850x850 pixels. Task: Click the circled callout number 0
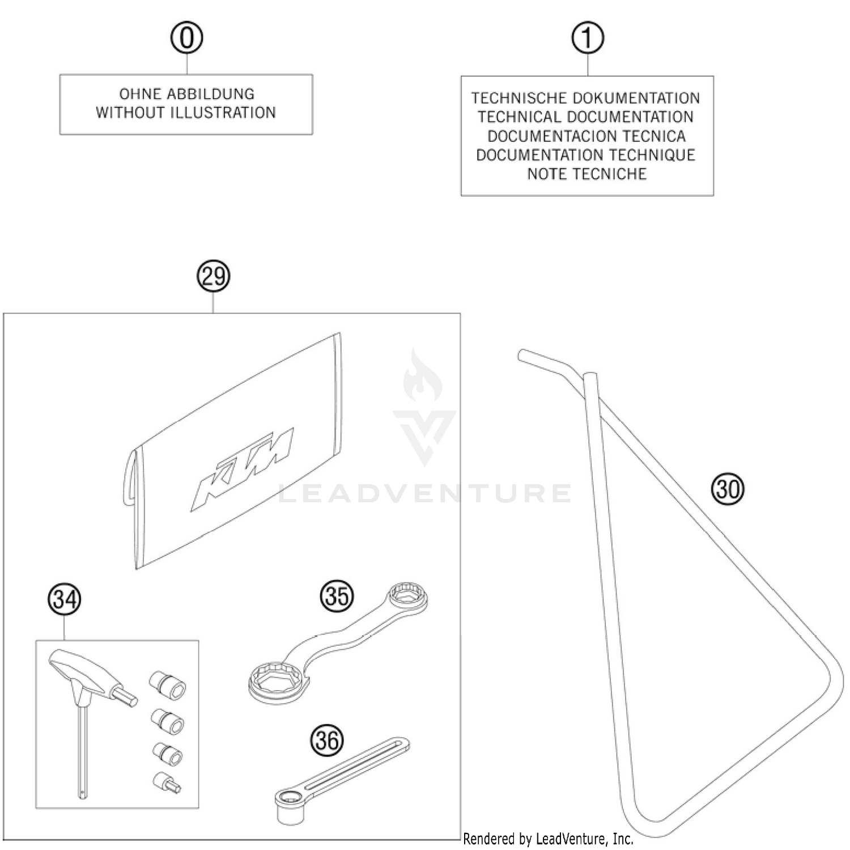186,38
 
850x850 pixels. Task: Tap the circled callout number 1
587,38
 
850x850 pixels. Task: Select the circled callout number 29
213,277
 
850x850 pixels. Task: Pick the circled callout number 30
728,488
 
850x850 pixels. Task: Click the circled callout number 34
65,599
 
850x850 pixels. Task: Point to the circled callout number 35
337,596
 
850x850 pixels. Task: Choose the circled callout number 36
327,740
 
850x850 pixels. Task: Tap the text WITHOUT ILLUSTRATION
186,113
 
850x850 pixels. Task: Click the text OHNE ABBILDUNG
186,94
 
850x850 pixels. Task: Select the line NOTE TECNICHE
586,174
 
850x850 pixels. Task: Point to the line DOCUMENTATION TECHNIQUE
586,155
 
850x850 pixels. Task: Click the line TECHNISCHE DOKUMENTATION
586,98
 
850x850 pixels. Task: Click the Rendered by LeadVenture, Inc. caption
548,839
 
